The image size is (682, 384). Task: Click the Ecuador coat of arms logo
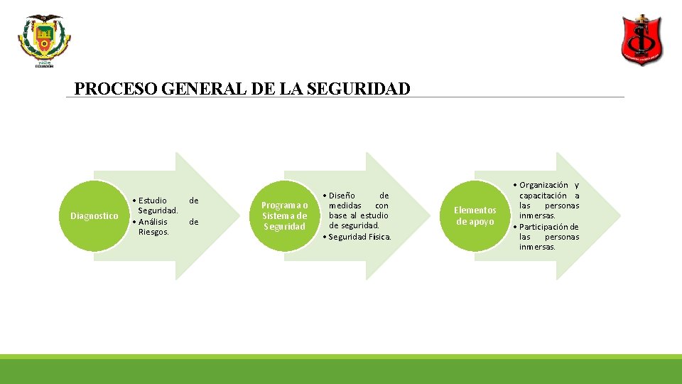click(44, 41)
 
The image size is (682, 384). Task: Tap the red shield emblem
click(642, 40)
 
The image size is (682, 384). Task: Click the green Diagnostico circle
click(94, 216)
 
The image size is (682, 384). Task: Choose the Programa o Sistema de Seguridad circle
click(285, 216)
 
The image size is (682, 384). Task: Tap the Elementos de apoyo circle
click(475, 216)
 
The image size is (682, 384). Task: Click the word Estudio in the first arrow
click(153, 201)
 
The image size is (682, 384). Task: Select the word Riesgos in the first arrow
click(153, 232)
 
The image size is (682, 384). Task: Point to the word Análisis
click(153, 222)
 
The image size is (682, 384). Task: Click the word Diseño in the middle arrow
click(342, 196)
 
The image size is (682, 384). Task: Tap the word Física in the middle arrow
click(379, 237)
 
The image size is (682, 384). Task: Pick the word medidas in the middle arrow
click(345, 206)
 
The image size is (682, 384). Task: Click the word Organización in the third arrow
click(543, 186)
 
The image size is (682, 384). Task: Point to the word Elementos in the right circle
click(475, 210)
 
